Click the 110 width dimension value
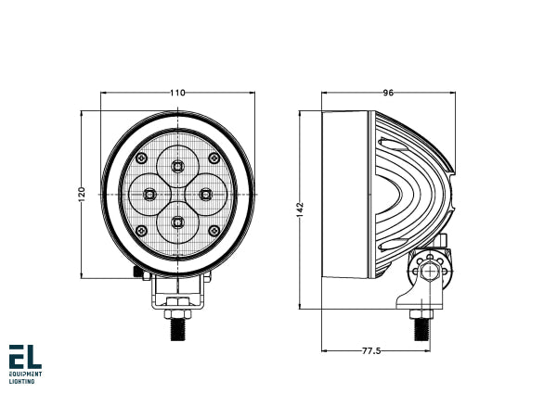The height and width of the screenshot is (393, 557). [177, 92]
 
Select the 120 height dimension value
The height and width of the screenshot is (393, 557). [82, 194]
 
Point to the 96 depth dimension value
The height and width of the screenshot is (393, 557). [388, 92]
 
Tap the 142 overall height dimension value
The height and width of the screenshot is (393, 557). [300, 210]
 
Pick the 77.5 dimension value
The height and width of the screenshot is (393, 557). [373, 351]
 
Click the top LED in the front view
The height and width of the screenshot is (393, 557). [177, 166]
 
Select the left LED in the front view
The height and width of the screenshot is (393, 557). [149, 194]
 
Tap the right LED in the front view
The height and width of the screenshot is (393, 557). [206, 194]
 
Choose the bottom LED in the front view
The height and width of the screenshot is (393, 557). [177, 222]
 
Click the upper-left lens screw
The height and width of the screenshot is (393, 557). [141, 158]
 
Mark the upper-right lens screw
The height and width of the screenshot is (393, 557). [214, 158]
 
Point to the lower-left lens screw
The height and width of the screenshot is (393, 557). [141, 230]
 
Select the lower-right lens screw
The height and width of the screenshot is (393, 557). [214, 230]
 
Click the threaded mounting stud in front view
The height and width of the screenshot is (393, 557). [177, 325]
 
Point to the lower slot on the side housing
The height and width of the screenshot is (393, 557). [394, 244]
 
